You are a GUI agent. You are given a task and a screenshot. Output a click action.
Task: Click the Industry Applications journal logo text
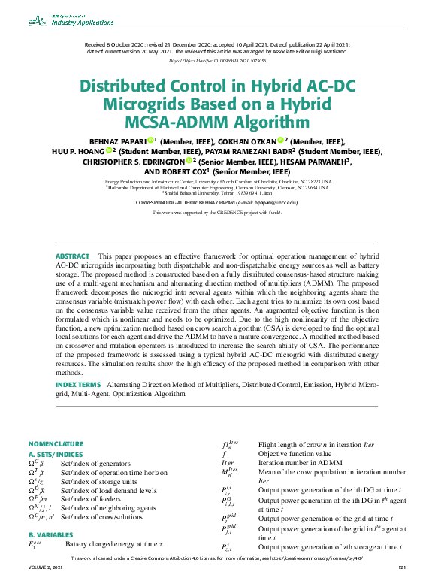point(80,23)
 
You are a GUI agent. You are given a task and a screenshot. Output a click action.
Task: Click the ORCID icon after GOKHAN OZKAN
point(280,141)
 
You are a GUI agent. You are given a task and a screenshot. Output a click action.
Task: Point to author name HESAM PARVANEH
point(297,160)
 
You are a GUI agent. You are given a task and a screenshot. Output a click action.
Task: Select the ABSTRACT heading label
point(72,257)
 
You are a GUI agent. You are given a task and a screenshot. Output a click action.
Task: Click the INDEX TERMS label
point(79,384)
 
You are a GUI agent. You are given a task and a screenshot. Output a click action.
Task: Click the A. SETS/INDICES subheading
point(56,454)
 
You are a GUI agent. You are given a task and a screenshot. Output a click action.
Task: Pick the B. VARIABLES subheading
point(50,534)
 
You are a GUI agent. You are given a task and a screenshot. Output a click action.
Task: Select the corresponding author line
point(216,203)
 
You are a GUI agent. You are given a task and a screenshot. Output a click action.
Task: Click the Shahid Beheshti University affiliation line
point(216,192)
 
